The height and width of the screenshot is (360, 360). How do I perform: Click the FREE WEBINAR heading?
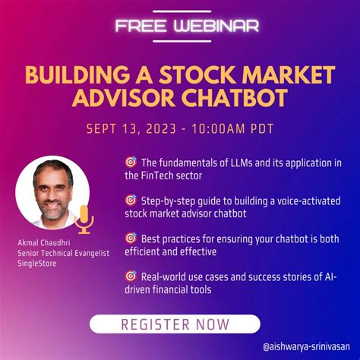[x=187, y=26]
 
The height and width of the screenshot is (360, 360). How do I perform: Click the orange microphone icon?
[x=85, y=218]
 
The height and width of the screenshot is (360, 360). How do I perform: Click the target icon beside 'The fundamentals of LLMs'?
[x=130, y=162]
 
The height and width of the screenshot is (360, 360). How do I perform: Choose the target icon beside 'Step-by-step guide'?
[x=130, y=200]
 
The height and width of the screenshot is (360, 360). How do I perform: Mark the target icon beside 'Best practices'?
[x=130, y=238]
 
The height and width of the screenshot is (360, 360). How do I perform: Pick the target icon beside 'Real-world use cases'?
[x=130, y=276]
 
